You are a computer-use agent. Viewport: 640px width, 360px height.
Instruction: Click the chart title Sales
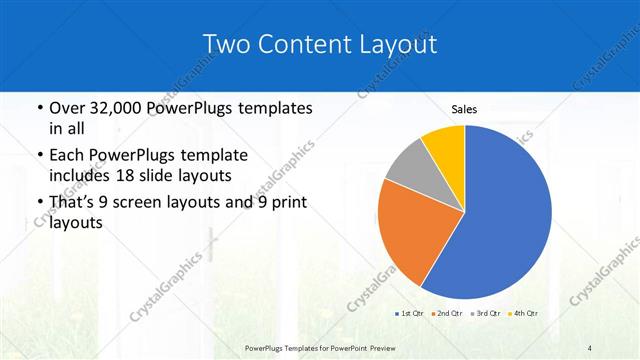pos(464,108)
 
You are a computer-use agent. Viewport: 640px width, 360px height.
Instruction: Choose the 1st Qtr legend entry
pos(408,314)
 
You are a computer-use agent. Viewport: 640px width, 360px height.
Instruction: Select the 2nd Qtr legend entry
pos(446,314)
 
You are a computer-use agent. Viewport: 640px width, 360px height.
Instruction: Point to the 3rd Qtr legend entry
pos(486,314)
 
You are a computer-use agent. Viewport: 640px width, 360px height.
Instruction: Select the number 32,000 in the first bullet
pos(108,108)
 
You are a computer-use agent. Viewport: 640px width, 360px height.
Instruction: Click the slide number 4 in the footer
pos(590,348)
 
